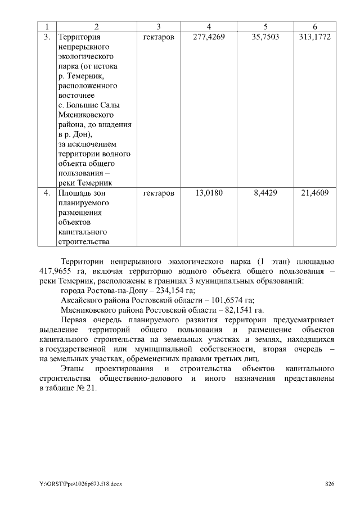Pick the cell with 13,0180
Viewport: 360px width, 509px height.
pos(209,193)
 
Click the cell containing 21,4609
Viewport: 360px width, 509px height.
pos(314,193)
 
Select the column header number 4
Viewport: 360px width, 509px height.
pos(209,26)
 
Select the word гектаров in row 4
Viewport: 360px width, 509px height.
pos(159,193)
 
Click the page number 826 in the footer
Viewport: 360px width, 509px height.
pos(330,484)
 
